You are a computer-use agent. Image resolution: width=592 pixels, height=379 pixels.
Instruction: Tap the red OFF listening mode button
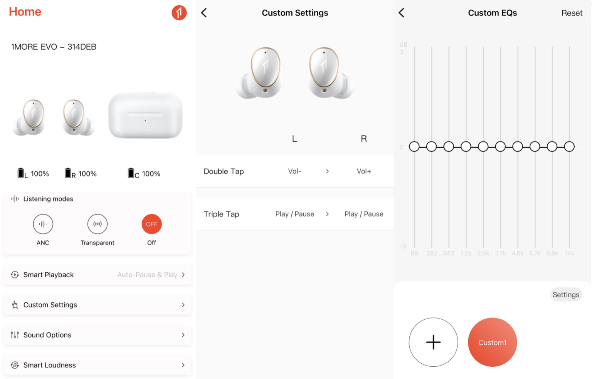[x=152, y=224]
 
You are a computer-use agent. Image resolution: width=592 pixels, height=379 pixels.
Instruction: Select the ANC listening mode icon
[x=43, y=224]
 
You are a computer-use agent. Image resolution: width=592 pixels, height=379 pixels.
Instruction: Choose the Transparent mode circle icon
[x=97, y=224]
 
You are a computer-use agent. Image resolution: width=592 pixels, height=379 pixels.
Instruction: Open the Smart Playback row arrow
[x=183, y=275]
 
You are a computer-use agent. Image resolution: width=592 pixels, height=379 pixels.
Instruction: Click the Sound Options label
[x=47, y=335]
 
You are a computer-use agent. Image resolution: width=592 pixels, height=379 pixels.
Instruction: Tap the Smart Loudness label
[x=49, y=365]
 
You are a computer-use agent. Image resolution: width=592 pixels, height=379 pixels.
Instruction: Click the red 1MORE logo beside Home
[x=179, y=12]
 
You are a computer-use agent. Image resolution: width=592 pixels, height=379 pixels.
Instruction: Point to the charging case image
[x=145, y=115]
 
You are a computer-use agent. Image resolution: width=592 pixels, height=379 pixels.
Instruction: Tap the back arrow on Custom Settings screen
[x=204, y=13]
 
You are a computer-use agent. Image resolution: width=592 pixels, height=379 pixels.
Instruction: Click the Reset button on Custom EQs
[x=572, y=13]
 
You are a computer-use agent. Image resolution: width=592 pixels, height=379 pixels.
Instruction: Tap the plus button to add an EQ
[x=433, y=342]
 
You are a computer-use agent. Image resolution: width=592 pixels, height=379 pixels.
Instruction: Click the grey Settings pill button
[x=566, y=295]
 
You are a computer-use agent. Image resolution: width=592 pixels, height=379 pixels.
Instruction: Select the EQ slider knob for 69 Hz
[x=414, y=146]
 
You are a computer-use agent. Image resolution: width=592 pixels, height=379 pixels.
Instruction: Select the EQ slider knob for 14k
[x=569, y=146]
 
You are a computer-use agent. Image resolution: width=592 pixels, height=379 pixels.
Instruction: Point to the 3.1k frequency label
[x=500, y=253]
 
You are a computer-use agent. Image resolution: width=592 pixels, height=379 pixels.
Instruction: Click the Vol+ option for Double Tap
[x=364, y=171]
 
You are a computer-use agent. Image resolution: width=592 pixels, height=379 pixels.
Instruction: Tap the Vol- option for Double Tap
[x=294, y=171]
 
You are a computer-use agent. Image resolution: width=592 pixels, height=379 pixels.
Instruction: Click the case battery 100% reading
[x=151, y=174]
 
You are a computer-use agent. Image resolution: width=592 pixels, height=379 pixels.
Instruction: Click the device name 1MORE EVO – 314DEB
[x=54, y=47]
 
